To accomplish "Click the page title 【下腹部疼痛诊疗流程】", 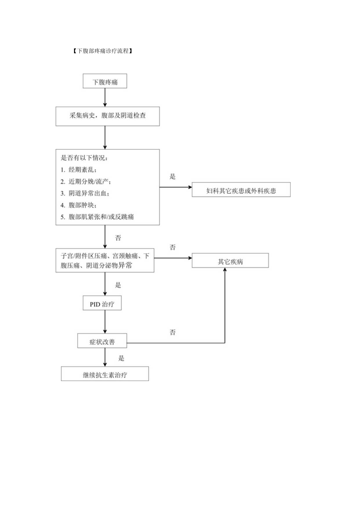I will click(x=102, y=51).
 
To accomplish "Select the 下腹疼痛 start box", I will click(x=105, y=82).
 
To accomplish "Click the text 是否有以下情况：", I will click(x=84, y=158).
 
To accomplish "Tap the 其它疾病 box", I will click(x=230, y=261).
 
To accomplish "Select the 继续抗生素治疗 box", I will click(x=105, y=374).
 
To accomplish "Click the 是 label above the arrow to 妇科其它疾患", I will click(x=173, y=176).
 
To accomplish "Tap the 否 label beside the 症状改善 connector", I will click(x=173, y=333).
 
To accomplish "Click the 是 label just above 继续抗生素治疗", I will click(x=121, y=358).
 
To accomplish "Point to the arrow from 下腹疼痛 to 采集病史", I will click(x=105, y=97).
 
